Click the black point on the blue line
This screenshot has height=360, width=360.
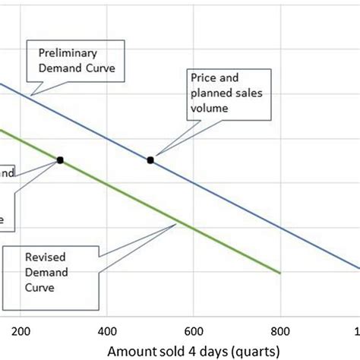pyautogui.click(x=150, y=159)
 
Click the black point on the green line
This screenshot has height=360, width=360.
pyautogui.click(x=60, y=159)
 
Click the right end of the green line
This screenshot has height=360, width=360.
pyautogui.click(x=280, y=272)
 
